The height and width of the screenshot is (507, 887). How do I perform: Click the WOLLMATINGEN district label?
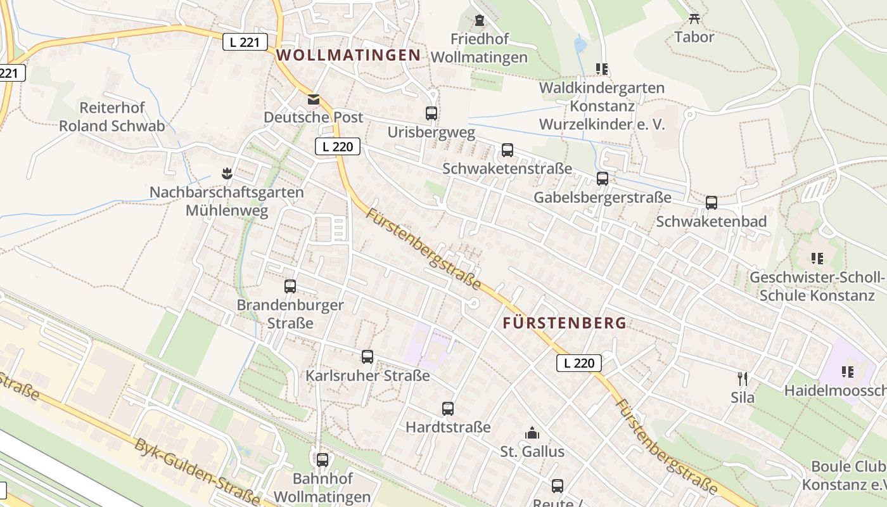pyautogui.click(x=348, y=55)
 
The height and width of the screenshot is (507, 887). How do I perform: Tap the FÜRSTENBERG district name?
pyautogui.click(x=565, y=323)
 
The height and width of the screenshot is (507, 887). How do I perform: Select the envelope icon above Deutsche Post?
pyautogui.click(x=314, y=99)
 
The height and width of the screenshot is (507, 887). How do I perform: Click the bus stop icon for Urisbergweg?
pyautogui.click(x=431, y=113)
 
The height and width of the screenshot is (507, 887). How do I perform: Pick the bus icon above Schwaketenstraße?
pyautogui.click(x=507, y=150)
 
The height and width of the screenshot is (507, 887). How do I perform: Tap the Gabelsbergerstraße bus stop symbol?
pyautogui.click(x=603, y=179)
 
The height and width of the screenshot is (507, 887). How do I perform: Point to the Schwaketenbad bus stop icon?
pyautogui.click(x=712, y=203)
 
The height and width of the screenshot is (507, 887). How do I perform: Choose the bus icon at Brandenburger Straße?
pyautogui.click(x=290, y=286)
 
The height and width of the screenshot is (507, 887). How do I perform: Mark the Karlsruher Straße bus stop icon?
pyautogui.click(x=367, y=357)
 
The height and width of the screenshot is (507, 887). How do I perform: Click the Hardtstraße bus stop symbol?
pyautogui.click(x=448, y=409)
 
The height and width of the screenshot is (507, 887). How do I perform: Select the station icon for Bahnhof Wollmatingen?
pyautogui.click(x=322, y=460)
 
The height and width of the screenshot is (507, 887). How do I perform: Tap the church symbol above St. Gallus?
pyautogui.click(x=532, y=433)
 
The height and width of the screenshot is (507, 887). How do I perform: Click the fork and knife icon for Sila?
pyautogui.click(x=743, y=379)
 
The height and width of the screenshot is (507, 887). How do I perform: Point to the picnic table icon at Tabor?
pyautogui.click(x=694, y=18)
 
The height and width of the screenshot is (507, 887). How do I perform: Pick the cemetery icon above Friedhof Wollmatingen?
pyautogui.click(x=479, y=20)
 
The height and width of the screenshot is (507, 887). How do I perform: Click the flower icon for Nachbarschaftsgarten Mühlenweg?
pyautogui.click(x=226, y=173)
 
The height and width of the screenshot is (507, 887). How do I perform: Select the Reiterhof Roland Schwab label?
pyautogui.click(x=112, y=117)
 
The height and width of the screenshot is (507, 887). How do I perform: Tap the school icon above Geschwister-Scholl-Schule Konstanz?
pyautogui.click(x=817, y=259)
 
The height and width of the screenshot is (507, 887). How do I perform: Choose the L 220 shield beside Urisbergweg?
pyautogui.click(x=338, y=147)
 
